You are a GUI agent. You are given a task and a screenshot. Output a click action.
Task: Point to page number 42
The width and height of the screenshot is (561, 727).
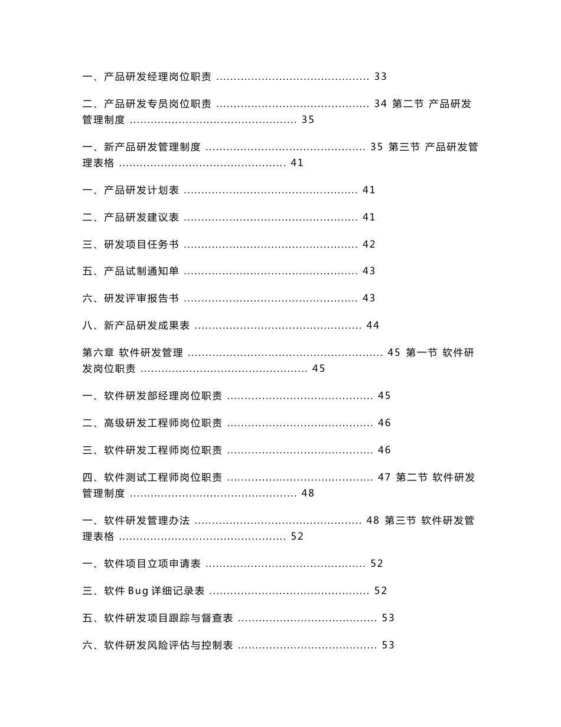368,245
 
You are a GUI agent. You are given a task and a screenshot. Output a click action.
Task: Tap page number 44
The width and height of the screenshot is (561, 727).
373,326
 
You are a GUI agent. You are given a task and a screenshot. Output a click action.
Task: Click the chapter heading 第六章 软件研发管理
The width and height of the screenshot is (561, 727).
133,353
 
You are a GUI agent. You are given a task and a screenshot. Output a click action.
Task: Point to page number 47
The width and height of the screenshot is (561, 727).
384,478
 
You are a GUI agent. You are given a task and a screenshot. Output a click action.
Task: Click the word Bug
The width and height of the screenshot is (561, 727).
138,591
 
